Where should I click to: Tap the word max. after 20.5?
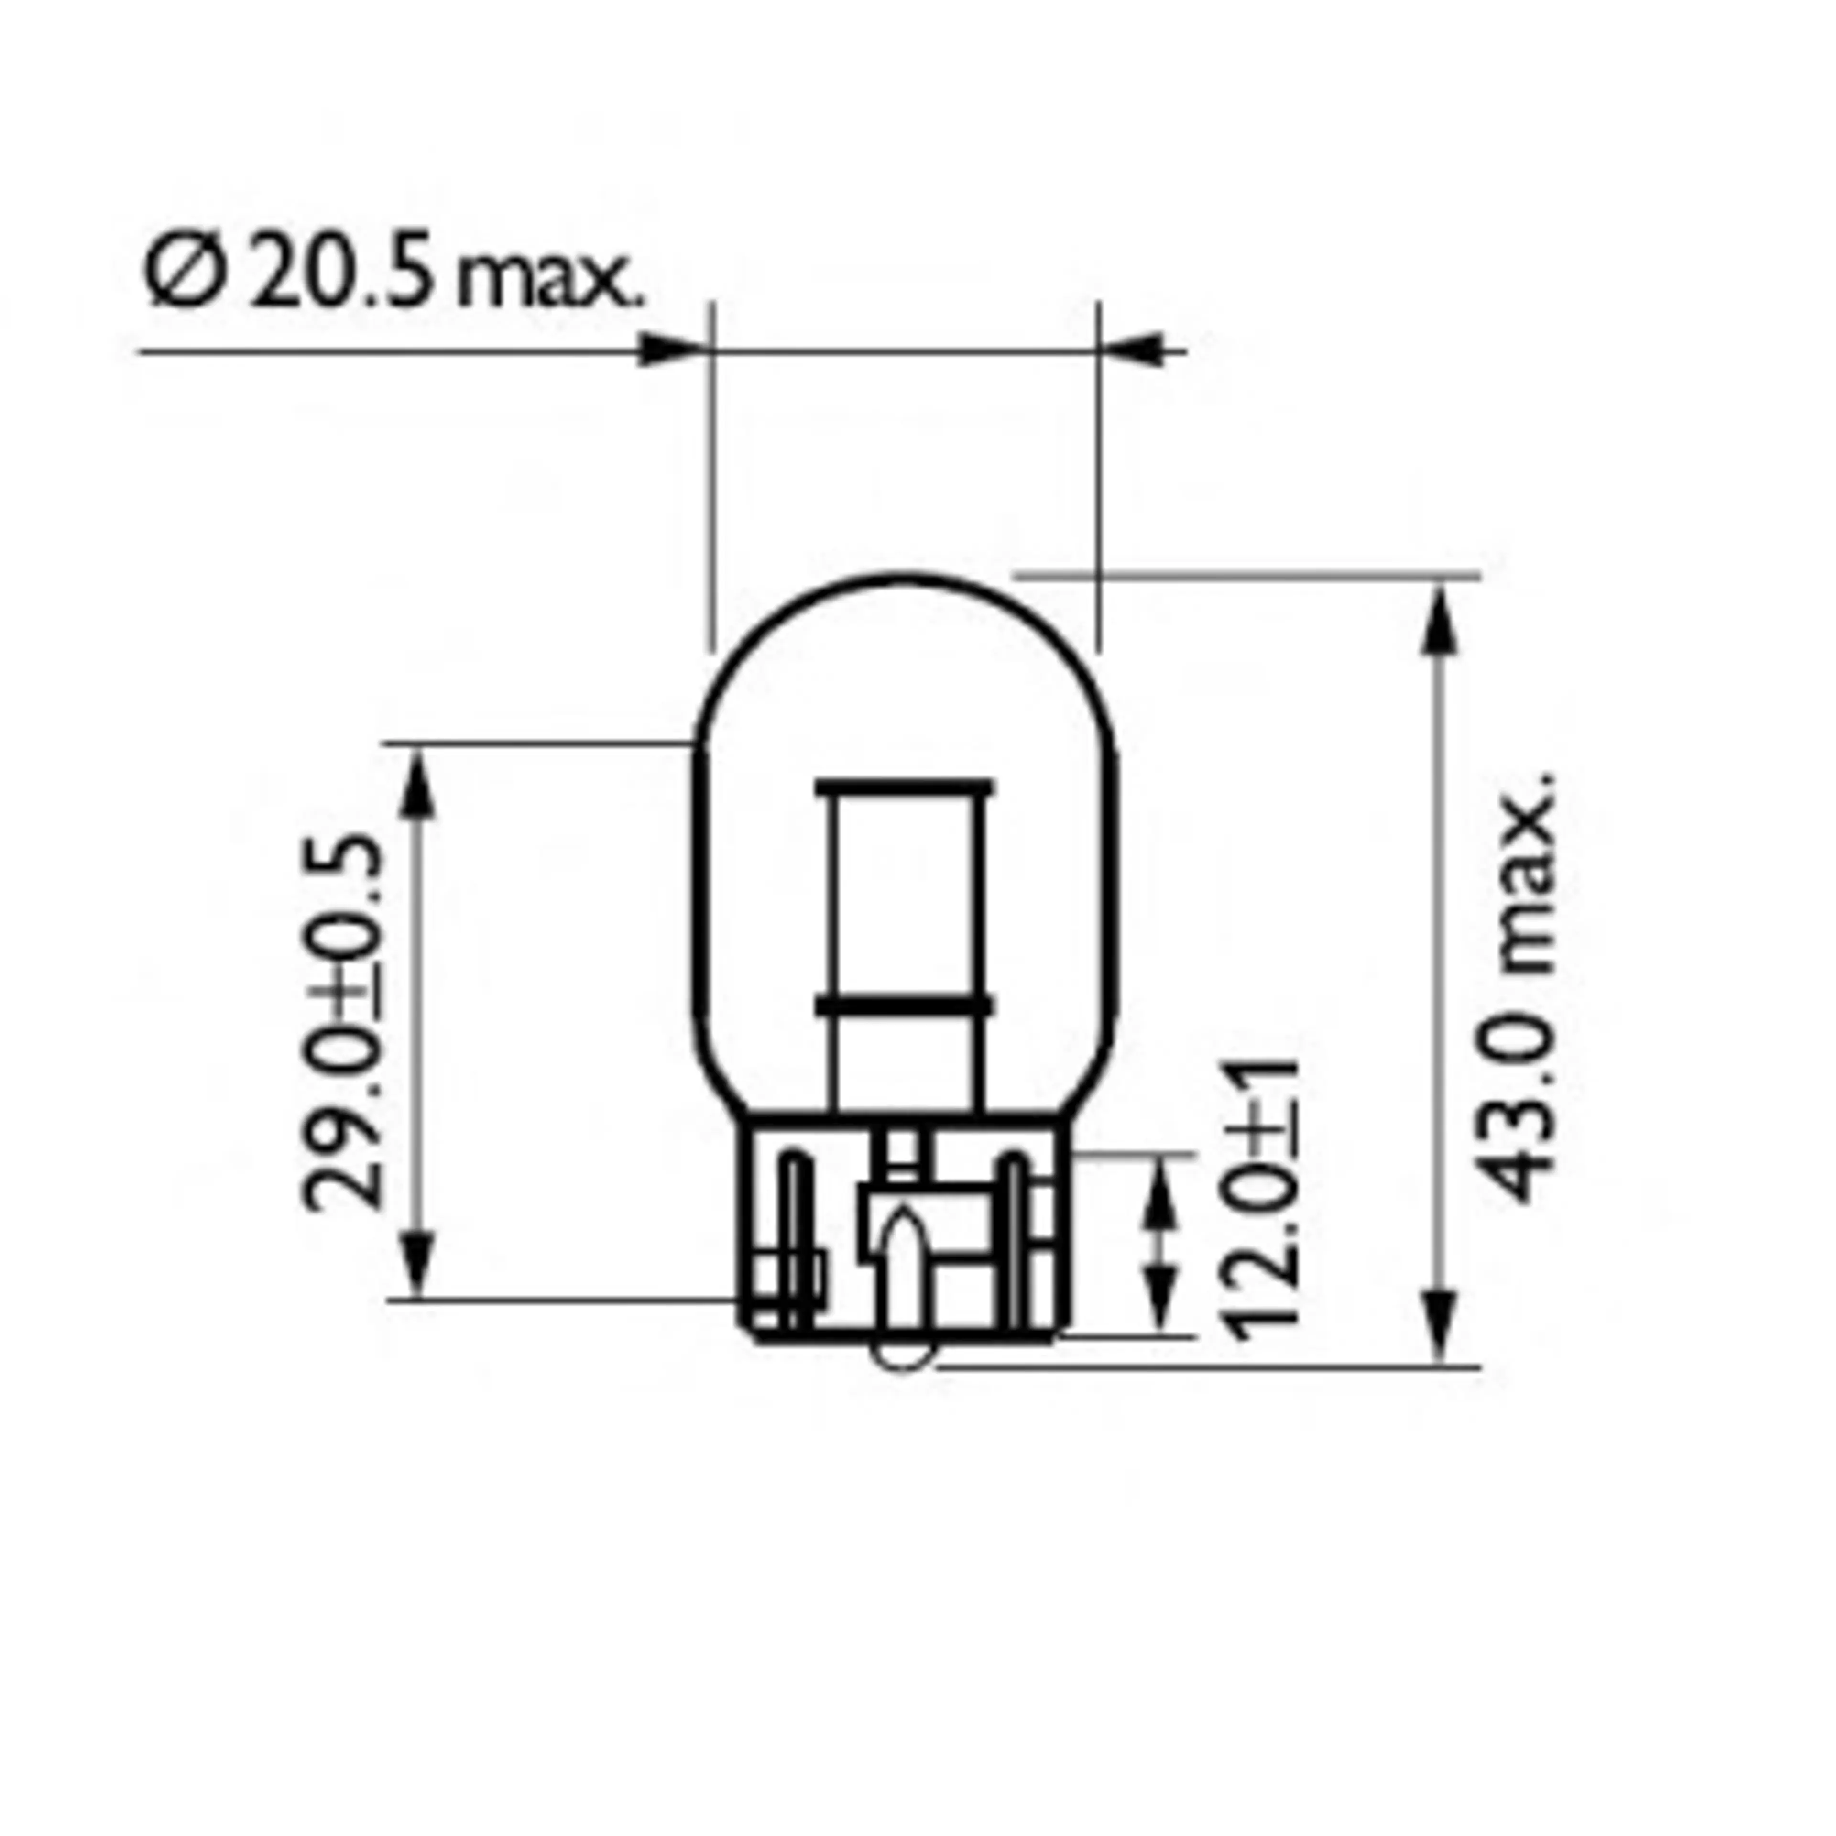coord(549,281)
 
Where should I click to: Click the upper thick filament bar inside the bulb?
coord(903,788)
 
